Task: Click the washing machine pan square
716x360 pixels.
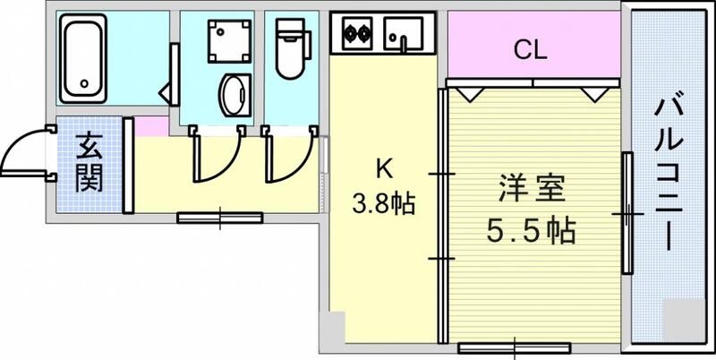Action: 222,40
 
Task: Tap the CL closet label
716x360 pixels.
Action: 530,51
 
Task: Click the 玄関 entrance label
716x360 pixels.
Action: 88,163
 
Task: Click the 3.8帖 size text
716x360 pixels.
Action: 383,203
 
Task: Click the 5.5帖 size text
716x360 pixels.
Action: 531,231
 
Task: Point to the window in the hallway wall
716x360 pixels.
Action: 219,217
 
